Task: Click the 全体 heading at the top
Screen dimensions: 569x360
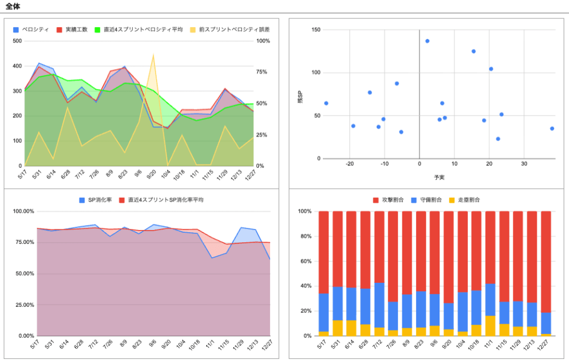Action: pos(13,6)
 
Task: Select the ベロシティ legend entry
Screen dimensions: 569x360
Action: pos(31,29)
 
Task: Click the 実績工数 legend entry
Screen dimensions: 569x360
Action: pos(72,29)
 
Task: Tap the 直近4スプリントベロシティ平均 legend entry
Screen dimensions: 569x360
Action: pos(138,29)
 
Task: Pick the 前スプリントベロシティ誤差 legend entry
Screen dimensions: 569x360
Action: pos(230,29)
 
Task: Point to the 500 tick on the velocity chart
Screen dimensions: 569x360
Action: pos(17,41)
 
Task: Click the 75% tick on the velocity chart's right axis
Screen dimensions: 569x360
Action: pos(262,72)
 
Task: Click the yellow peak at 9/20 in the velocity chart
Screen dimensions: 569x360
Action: pos(153,54)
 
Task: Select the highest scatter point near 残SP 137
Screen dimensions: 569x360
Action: pos(427,41)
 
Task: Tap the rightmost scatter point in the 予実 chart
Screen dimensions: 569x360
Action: pos(552,128)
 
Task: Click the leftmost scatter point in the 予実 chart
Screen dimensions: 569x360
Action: pos(326,103)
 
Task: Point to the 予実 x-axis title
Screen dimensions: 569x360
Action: pos(439,177)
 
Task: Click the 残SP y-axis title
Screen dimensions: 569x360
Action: pos(301,97)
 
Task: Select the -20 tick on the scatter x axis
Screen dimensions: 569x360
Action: pos(350,164)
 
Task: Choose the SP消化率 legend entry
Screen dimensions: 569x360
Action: pos(96,200)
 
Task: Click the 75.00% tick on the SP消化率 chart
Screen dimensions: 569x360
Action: pos(23,242)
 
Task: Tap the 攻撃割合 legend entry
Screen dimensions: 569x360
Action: pos(388,200)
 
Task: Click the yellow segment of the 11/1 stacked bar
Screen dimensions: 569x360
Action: pos(490,326)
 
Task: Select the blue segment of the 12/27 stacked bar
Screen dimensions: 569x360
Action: pos(546,323)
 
